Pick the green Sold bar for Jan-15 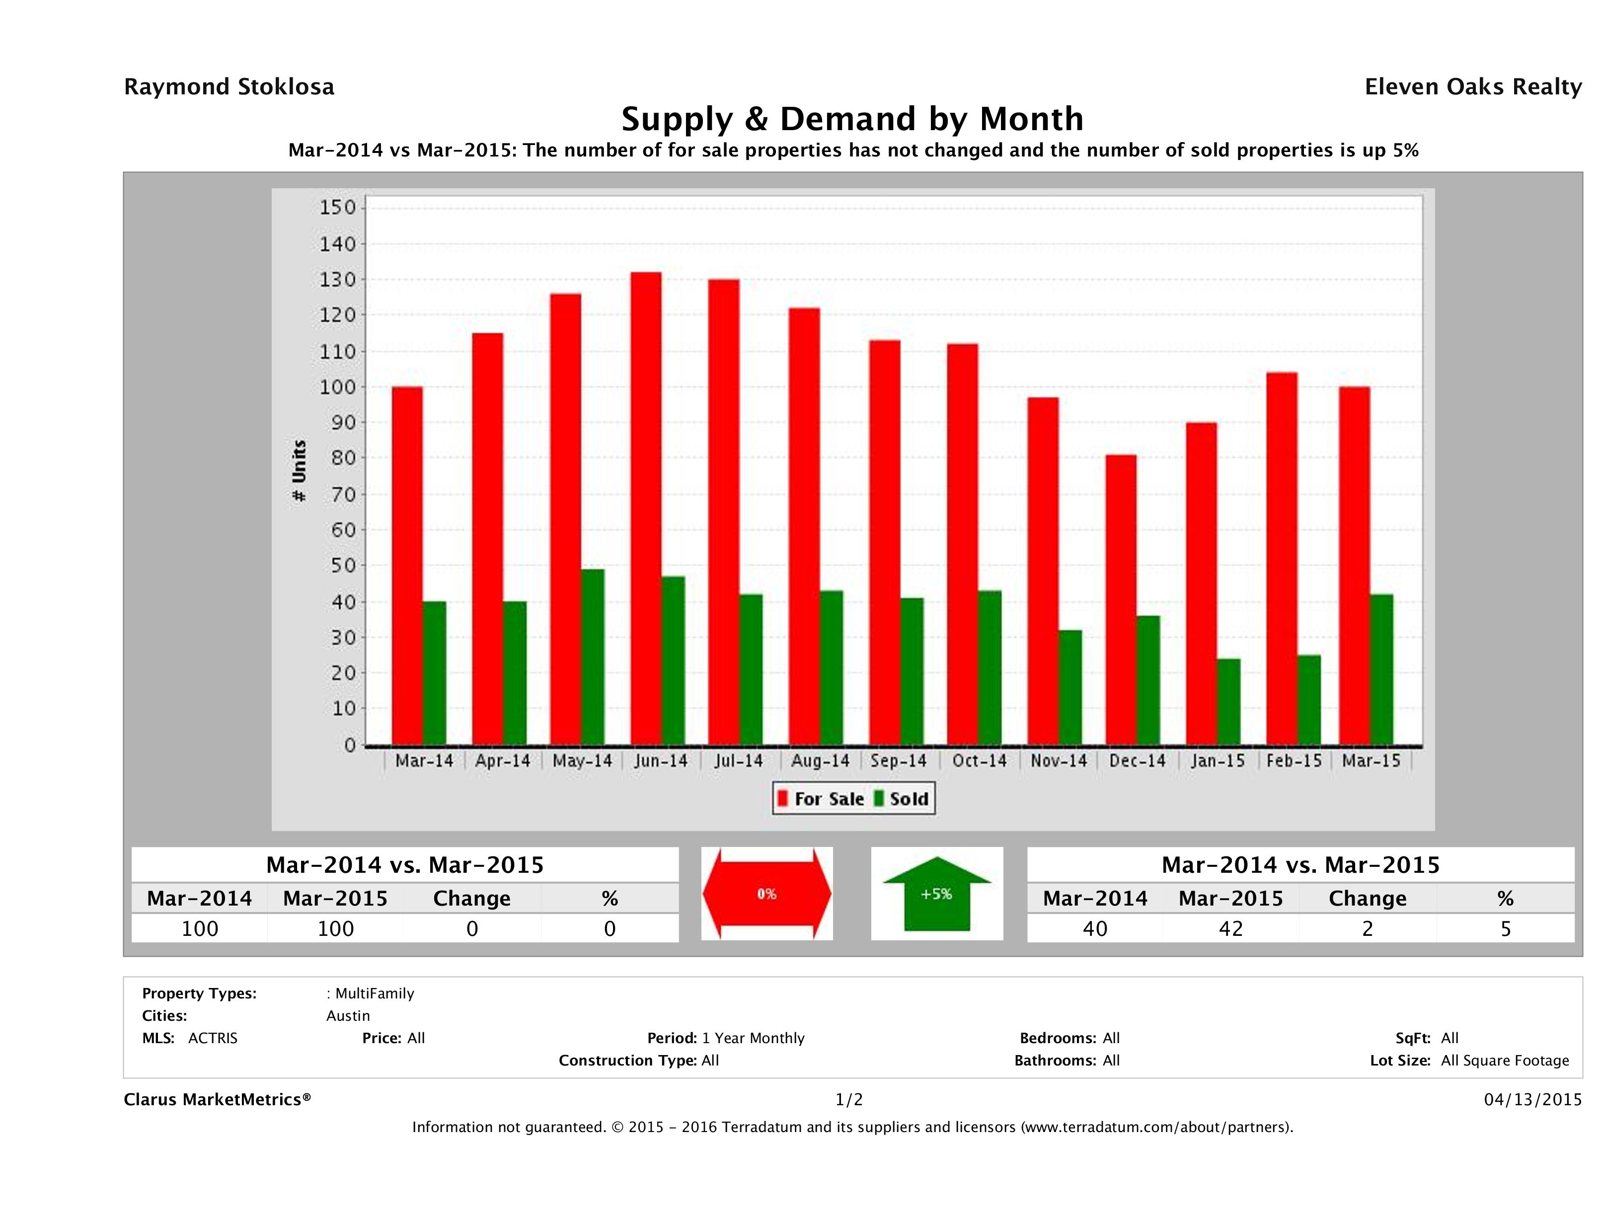[1228, 701]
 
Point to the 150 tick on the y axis [338, 208]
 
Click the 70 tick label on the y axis [338, 495]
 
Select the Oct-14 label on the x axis [979, 761]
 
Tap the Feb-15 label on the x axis [1294, 761]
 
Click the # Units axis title [299, 471]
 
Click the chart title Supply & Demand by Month [852, 119]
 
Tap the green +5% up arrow [936, 894]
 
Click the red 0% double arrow [766, 894]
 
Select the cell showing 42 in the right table [1230, 928]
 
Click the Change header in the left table [472, 899]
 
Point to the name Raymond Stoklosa [229, 87]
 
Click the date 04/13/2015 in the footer [1532, 1099]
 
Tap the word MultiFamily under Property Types [374, 993]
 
